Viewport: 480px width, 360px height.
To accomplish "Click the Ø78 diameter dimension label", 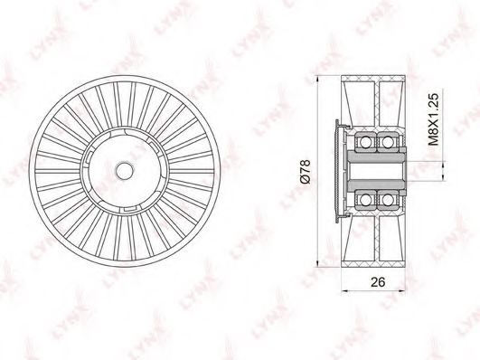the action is [306, 172].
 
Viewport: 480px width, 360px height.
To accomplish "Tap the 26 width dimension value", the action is [378, 282].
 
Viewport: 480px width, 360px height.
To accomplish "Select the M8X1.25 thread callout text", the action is [434, 119].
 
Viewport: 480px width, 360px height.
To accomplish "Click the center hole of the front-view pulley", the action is [124, 171].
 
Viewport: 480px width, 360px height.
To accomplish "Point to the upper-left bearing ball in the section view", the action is [364, 142].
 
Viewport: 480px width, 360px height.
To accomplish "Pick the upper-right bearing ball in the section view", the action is [387, 142].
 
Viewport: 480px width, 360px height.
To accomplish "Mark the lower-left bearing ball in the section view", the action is [364, 200].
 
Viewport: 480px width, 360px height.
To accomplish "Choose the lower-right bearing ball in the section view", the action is [387, 200].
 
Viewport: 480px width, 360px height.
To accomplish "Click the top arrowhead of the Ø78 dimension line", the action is [317, 79].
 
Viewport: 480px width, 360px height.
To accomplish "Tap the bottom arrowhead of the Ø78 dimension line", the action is [317, 263].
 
